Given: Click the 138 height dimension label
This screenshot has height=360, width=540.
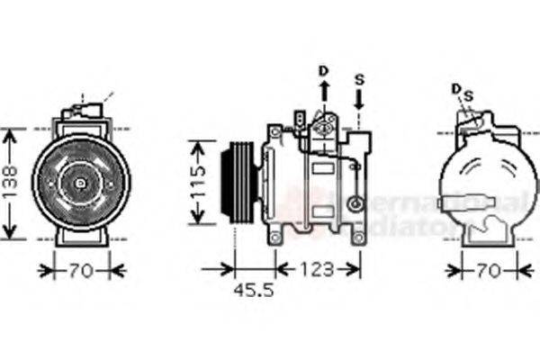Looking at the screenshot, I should pyautogui.click(x=8, y=184).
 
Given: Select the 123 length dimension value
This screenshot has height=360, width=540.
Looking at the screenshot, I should pyautogui.click(x=317, y=269).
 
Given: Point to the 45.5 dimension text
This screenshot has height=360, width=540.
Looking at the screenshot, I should pyautogui.click(x=254, y=292).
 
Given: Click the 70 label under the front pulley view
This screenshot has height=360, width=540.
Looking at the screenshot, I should pyautogui.click(x=81, y=269).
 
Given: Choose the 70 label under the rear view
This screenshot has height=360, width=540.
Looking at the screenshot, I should pyautogui.click(x=489, y=269).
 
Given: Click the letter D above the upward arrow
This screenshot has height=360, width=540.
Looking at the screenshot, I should pyautogui.click(x=324, y=70).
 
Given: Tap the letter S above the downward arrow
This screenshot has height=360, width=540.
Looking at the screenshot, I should pyautogui.click(x=359, y=79).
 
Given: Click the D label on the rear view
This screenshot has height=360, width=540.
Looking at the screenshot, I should pyautogui.click(x=456, y=88).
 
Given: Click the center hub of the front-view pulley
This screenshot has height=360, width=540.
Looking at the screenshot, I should pyautogui.click(x=80, y=184).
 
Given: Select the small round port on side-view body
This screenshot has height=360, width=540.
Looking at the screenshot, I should pyautogui.click(x=357, y=202).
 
